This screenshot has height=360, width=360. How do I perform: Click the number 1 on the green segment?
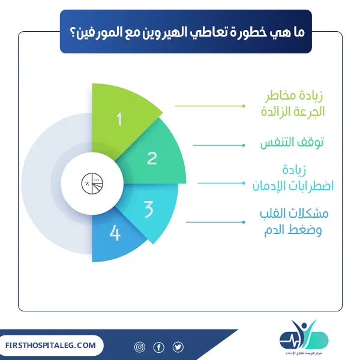point(119,119)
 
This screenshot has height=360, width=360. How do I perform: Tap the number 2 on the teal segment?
point(152,158)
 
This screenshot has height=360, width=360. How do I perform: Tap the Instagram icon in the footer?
point(140,347)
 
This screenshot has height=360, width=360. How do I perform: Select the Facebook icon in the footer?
point(159,347)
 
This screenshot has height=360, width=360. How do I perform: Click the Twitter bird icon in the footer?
point(178,347)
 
